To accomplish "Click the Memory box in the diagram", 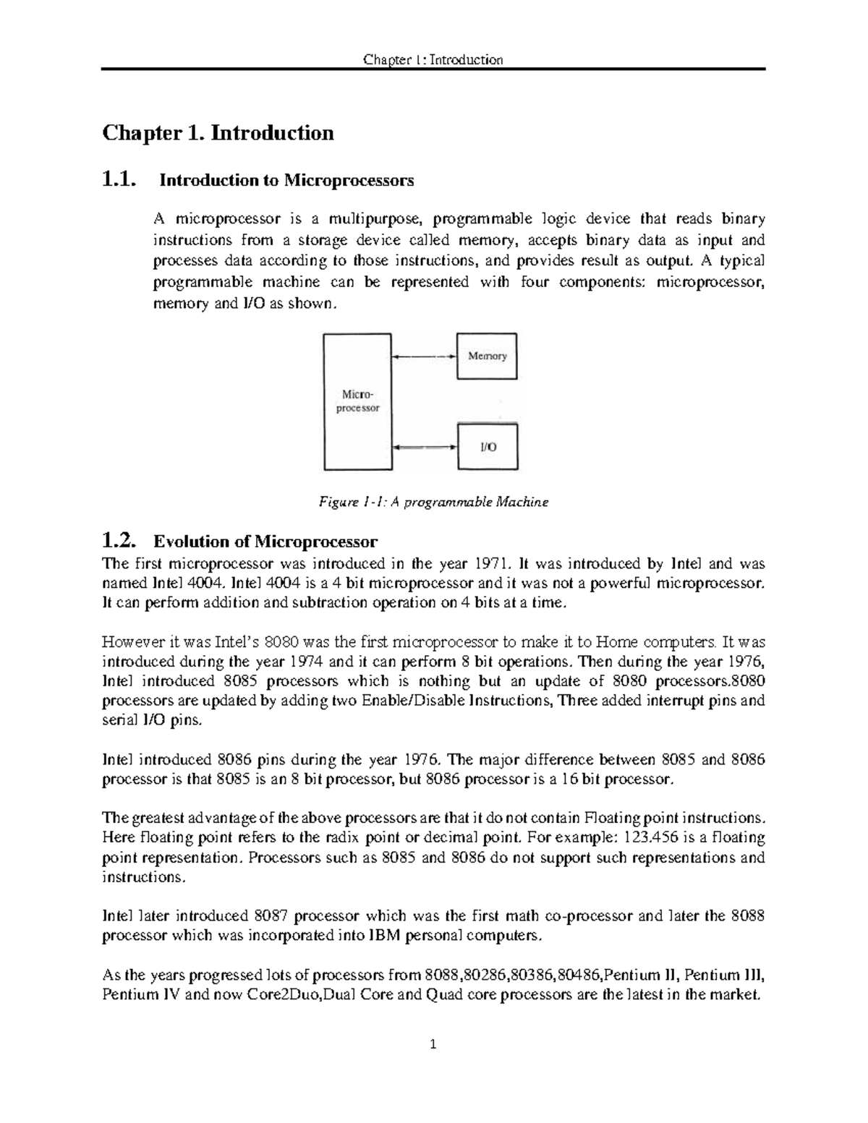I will click(x=486, y=356).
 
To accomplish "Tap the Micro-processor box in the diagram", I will click(x=357, y=401).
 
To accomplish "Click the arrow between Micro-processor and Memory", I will click(x=424, y=356).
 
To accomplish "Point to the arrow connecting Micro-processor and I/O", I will click(x=424, y=447).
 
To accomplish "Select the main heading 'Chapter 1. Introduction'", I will click(x=218, y=133).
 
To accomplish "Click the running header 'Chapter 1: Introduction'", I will click(x=433, y=59).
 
